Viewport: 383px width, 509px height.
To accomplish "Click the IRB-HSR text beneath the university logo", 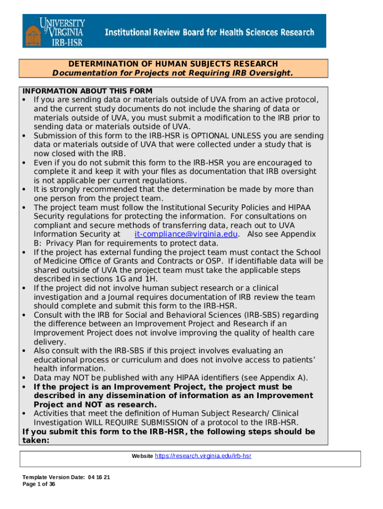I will (x=68, y=42).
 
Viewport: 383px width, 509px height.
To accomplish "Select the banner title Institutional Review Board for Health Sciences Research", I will (x=209, y=32).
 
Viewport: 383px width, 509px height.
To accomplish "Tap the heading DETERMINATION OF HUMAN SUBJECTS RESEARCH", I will (x=173, y=64).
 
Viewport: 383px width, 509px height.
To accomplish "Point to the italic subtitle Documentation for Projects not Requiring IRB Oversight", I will (x=173, y=73).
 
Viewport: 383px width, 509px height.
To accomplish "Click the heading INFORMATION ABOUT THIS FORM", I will (x=88, y=91).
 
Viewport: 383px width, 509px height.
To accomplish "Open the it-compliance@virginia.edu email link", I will (x=187, y=234).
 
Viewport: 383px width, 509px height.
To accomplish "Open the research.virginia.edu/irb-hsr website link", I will (x=203, y=455).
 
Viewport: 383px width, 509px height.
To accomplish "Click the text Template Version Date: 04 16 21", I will (x=66, y=477).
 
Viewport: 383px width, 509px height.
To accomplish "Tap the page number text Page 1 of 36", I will (x=39, y=484).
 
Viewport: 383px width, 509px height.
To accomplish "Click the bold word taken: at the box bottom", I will (x=38, y=440).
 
